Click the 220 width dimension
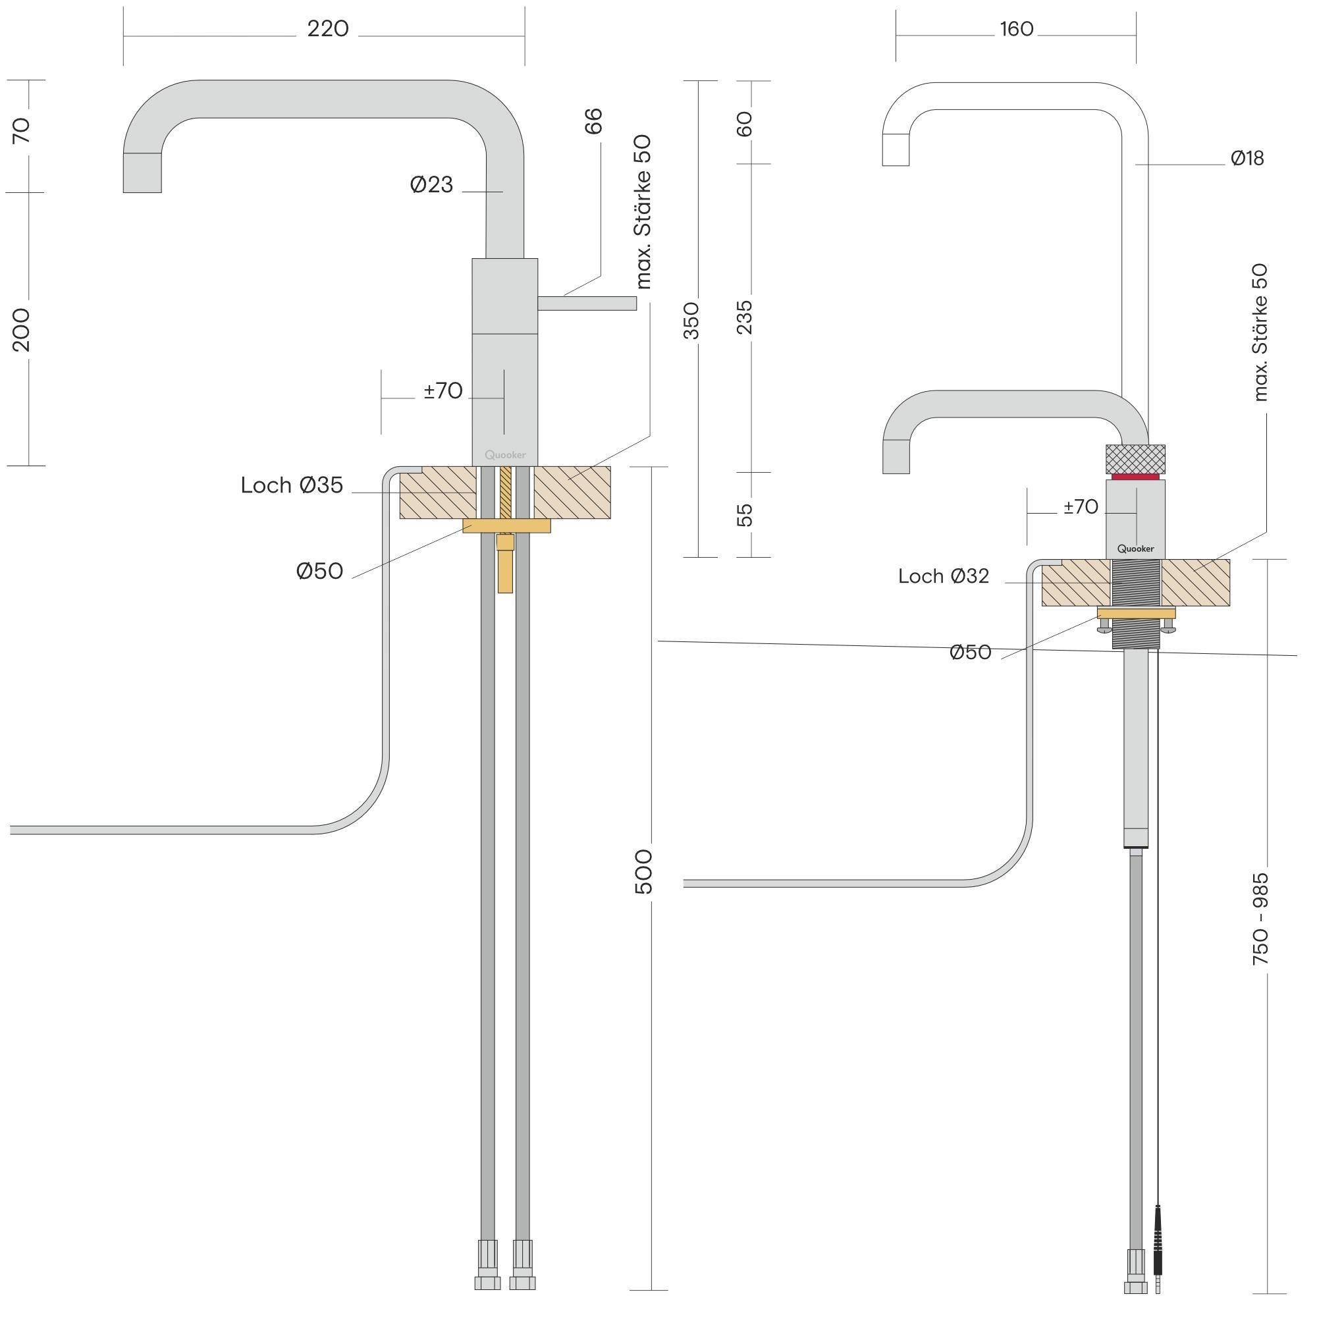(x=328, y=28)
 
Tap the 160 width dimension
(x=1016, y=30)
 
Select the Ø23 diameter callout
(x=431, y=185)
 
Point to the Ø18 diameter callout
(x=1247, y=158)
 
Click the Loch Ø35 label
(x=292, y=485)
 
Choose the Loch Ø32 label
(x=944, y=576)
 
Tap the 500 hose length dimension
(x=643, y=871)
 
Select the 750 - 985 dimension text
(x=1261, y=918)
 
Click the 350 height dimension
(x=691, y=320)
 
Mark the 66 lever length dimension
(x=594, y=121)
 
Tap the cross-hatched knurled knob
(x=1135, y=458)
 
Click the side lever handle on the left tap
(x=587, y=303)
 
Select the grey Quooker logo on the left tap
(x=505, y=454)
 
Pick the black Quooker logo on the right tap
(x=1136, y=549)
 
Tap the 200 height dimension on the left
(x=21, y=330)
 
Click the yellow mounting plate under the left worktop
(x=506, y=525)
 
